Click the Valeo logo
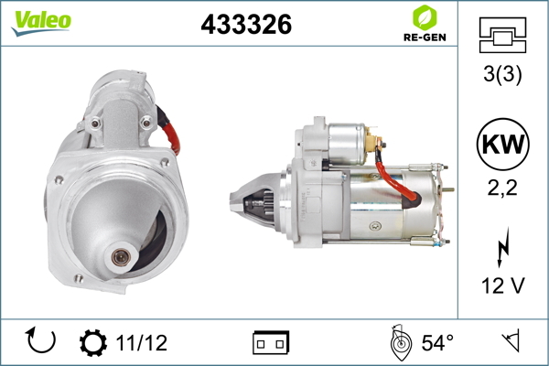tap(41, 23)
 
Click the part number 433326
tap(246, 24)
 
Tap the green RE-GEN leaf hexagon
tap(425, 17)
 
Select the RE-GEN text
tap(425, 38)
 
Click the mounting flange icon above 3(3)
tap(502, 35)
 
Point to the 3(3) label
tap(502, 74)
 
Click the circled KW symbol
tap(502, 144)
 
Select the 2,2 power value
tap(502, 188)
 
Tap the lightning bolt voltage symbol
tap(503, 247)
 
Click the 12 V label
tap(503, 285)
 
